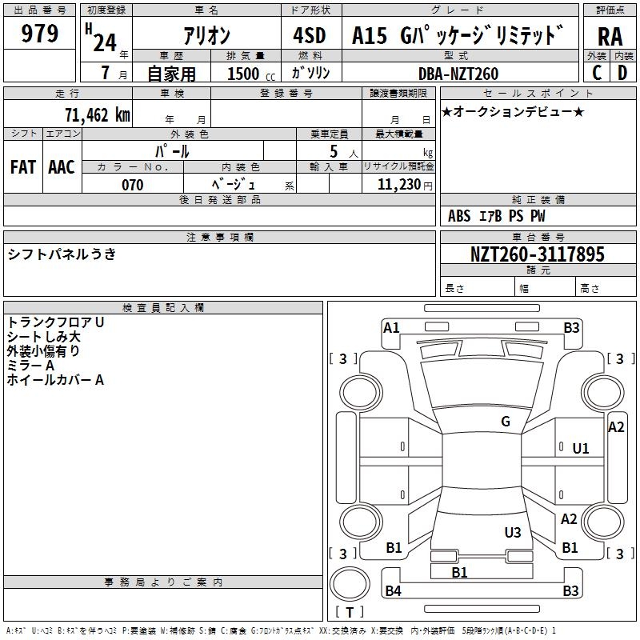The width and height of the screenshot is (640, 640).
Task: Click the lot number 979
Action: (39, 33)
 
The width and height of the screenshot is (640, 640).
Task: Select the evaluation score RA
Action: (610, 37)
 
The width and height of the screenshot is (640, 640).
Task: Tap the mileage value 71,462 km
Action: (98, 114)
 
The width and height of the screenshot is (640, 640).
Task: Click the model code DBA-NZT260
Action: (458, 74)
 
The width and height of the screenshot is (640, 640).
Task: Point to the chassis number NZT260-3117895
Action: (537, 254)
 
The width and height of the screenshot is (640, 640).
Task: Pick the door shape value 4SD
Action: (310, 35)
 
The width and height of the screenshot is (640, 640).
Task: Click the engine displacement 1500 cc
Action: (251, 74)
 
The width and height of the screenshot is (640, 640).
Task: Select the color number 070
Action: (133, 185)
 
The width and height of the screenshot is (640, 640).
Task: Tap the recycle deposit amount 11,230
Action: (398, 185)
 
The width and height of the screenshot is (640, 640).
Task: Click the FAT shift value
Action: (23, 167)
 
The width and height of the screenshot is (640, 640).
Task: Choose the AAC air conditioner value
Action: (62, 167)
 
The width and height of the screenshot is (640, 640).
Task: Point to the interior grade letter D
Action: (622, 73)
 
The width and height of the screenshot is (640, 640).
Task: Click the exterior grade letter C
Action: (597, 73)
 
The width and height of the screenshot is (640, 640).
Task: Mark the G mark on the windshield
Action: (506, 422)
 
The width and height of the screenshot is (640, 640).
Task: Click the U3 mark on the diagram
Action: (513, 532)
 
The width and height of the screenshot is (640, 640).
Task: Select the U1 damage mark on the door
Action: (581, 449)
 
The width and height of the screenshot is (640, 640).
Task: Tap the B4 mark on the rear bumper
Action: (393, 590)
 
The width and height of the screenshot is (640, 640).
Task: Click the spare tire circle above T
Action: (350, 584)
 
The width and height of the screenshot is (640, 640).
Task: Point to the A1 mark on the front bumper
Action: (391, 328)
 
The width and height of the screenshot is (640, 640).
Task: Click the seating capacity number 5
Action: (334, 151)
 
